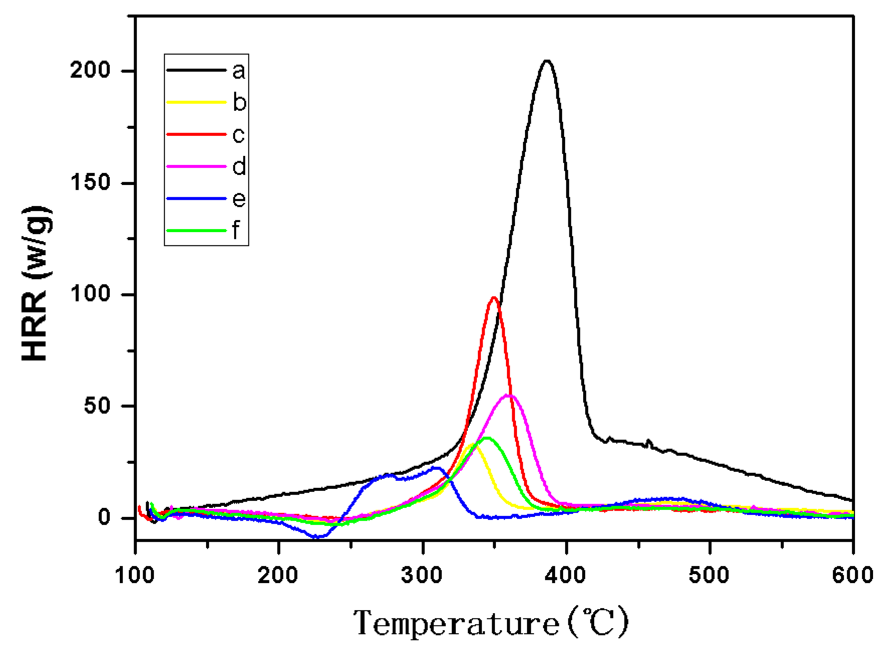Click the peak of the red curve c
[493, 298]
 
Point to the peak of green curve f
[488, 438]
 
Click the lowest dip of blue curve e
[318, 537]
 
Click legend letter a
[239, 71]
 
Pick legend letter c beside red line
[238, 134]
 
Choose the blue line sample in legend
[196, 198]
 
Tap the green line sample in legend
[196, 230]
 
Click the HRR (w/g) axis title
[36, 283]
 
